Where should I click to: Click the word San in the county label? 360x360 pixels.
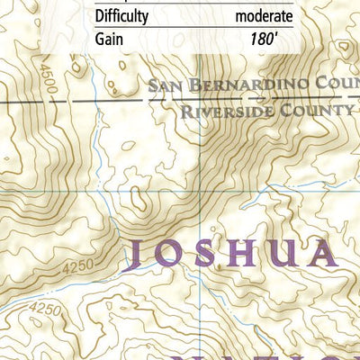(x=165, y=86)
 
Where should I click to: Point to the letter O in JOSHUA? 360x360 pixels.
(x=175, y=256)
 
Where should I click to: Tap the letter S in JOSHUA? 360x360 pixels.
(x=212, y=256)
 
